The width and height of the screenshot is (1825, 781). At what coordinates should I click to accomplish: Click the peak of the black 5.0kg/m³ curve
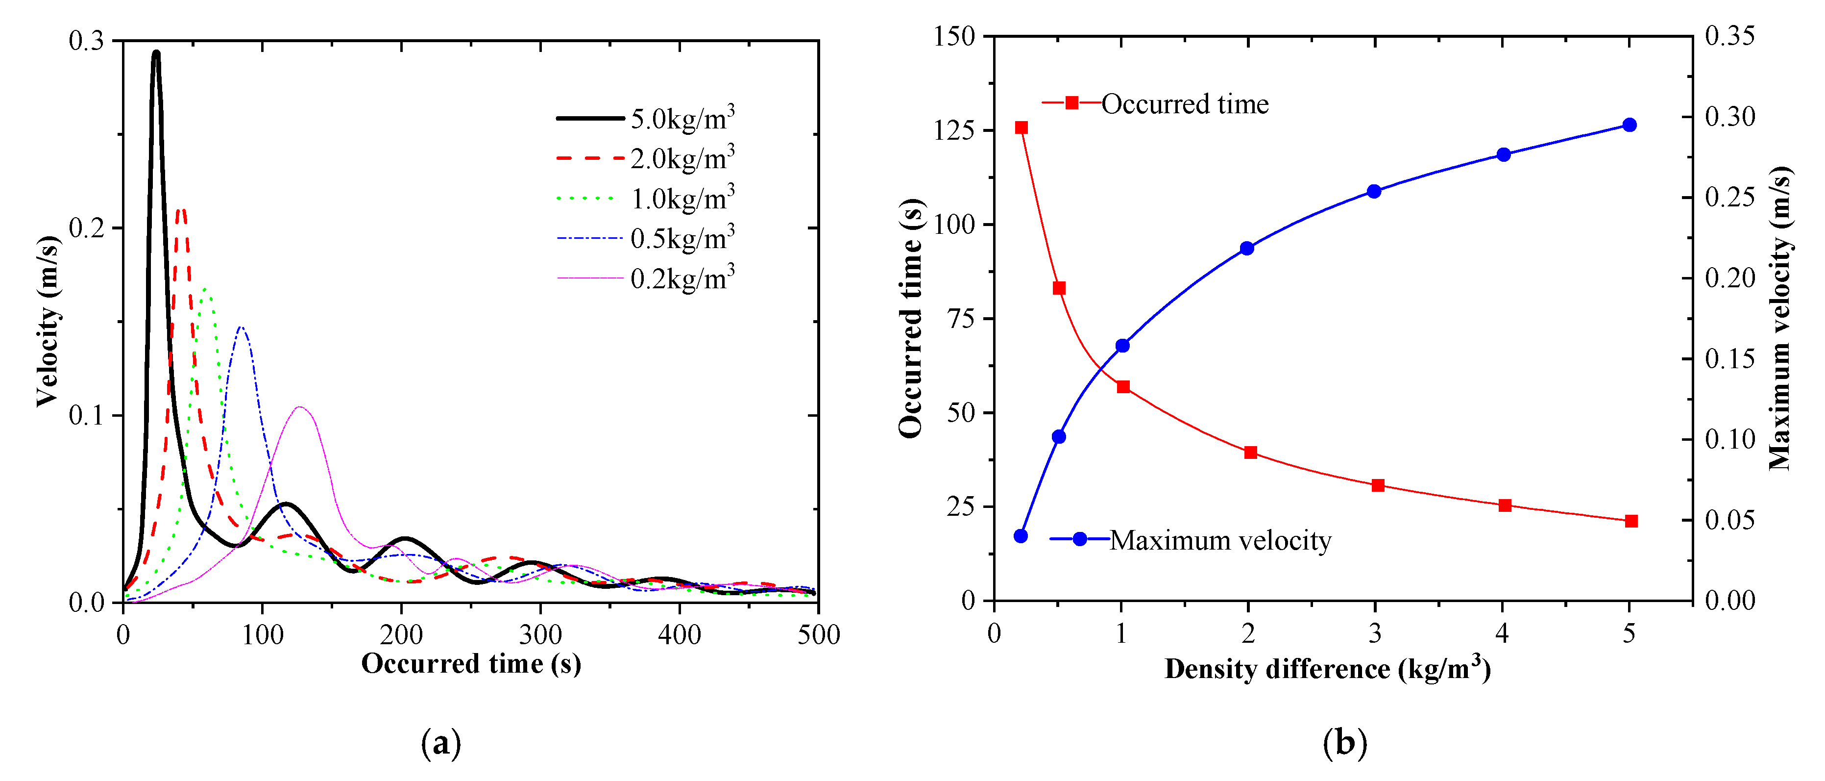(x=156, y=53)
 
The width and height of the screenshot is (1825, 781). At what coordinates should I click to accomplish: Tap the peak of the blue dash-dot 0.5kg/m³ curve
(x=242, y=328)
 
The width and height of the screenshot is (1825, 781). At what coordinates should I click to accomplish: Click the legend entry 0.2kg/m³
(x=681, y=278)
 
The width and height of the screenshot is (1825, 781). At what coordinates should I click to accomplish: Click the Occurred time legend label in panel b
(x=1185, y=104)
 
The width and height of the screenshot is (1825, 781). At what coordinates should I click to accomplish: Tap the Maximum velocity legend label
(x=1220, y=541)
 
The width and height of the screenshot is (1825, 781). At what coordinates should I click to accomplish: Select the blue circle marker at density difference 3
(x=1374, y=191)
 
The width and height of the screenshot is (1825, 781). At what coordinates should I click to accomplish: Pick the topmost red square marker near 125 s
(x=1021, y=127)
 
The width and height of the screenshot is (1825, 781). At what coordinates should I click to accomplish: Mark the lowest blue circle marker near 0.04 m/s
(x=1021, y=536)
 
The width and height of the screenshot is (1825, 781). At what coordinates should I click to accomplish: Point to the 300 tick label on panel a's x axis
(x=540, y=635)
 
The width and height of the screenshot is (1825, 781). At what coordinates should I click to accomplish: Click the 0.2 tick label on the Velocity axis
(x=86, y=228)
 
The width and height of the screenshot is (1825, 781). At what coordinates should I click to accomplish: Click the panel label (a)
(x=440, y=743)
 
